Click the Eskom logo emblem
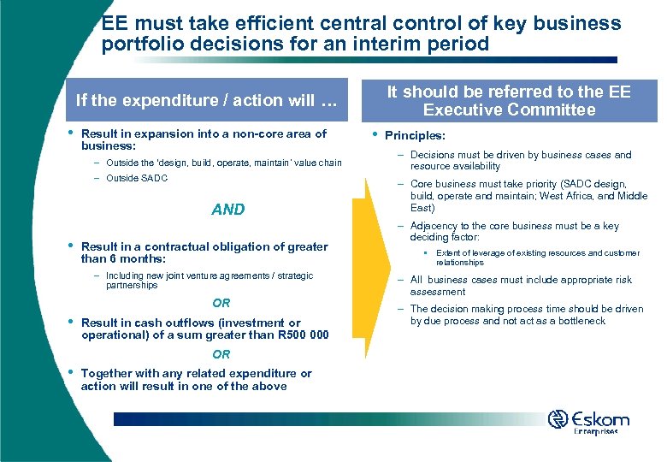[x=558, y=419]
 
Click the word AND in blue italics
[x=227, y=210]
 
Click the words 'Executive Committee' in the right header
[x=509, y=110]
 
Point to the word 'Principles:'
[x=416, y=135]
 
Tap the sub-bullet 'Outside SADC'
[x=137, y=178]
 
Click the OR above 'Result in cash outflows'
[x=221, y=303]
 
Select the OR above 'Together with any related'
[x=221, y=354]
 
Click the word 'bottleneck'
[x=577, y=321]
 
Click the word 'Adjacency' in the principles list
[x=434, y=226]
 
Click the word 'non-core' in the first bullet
[x=252, y=133]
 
